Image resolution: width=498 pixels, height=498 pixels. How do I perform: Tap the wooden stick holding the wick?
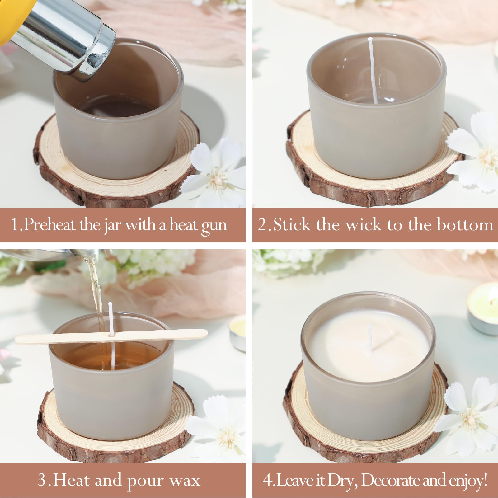[111, 336]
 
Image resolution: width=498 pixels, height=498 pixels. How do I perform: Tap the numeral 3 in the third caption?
[42, 480]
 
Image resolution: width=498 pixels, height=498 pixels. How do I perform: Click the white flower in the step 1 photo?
[215, 171]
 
